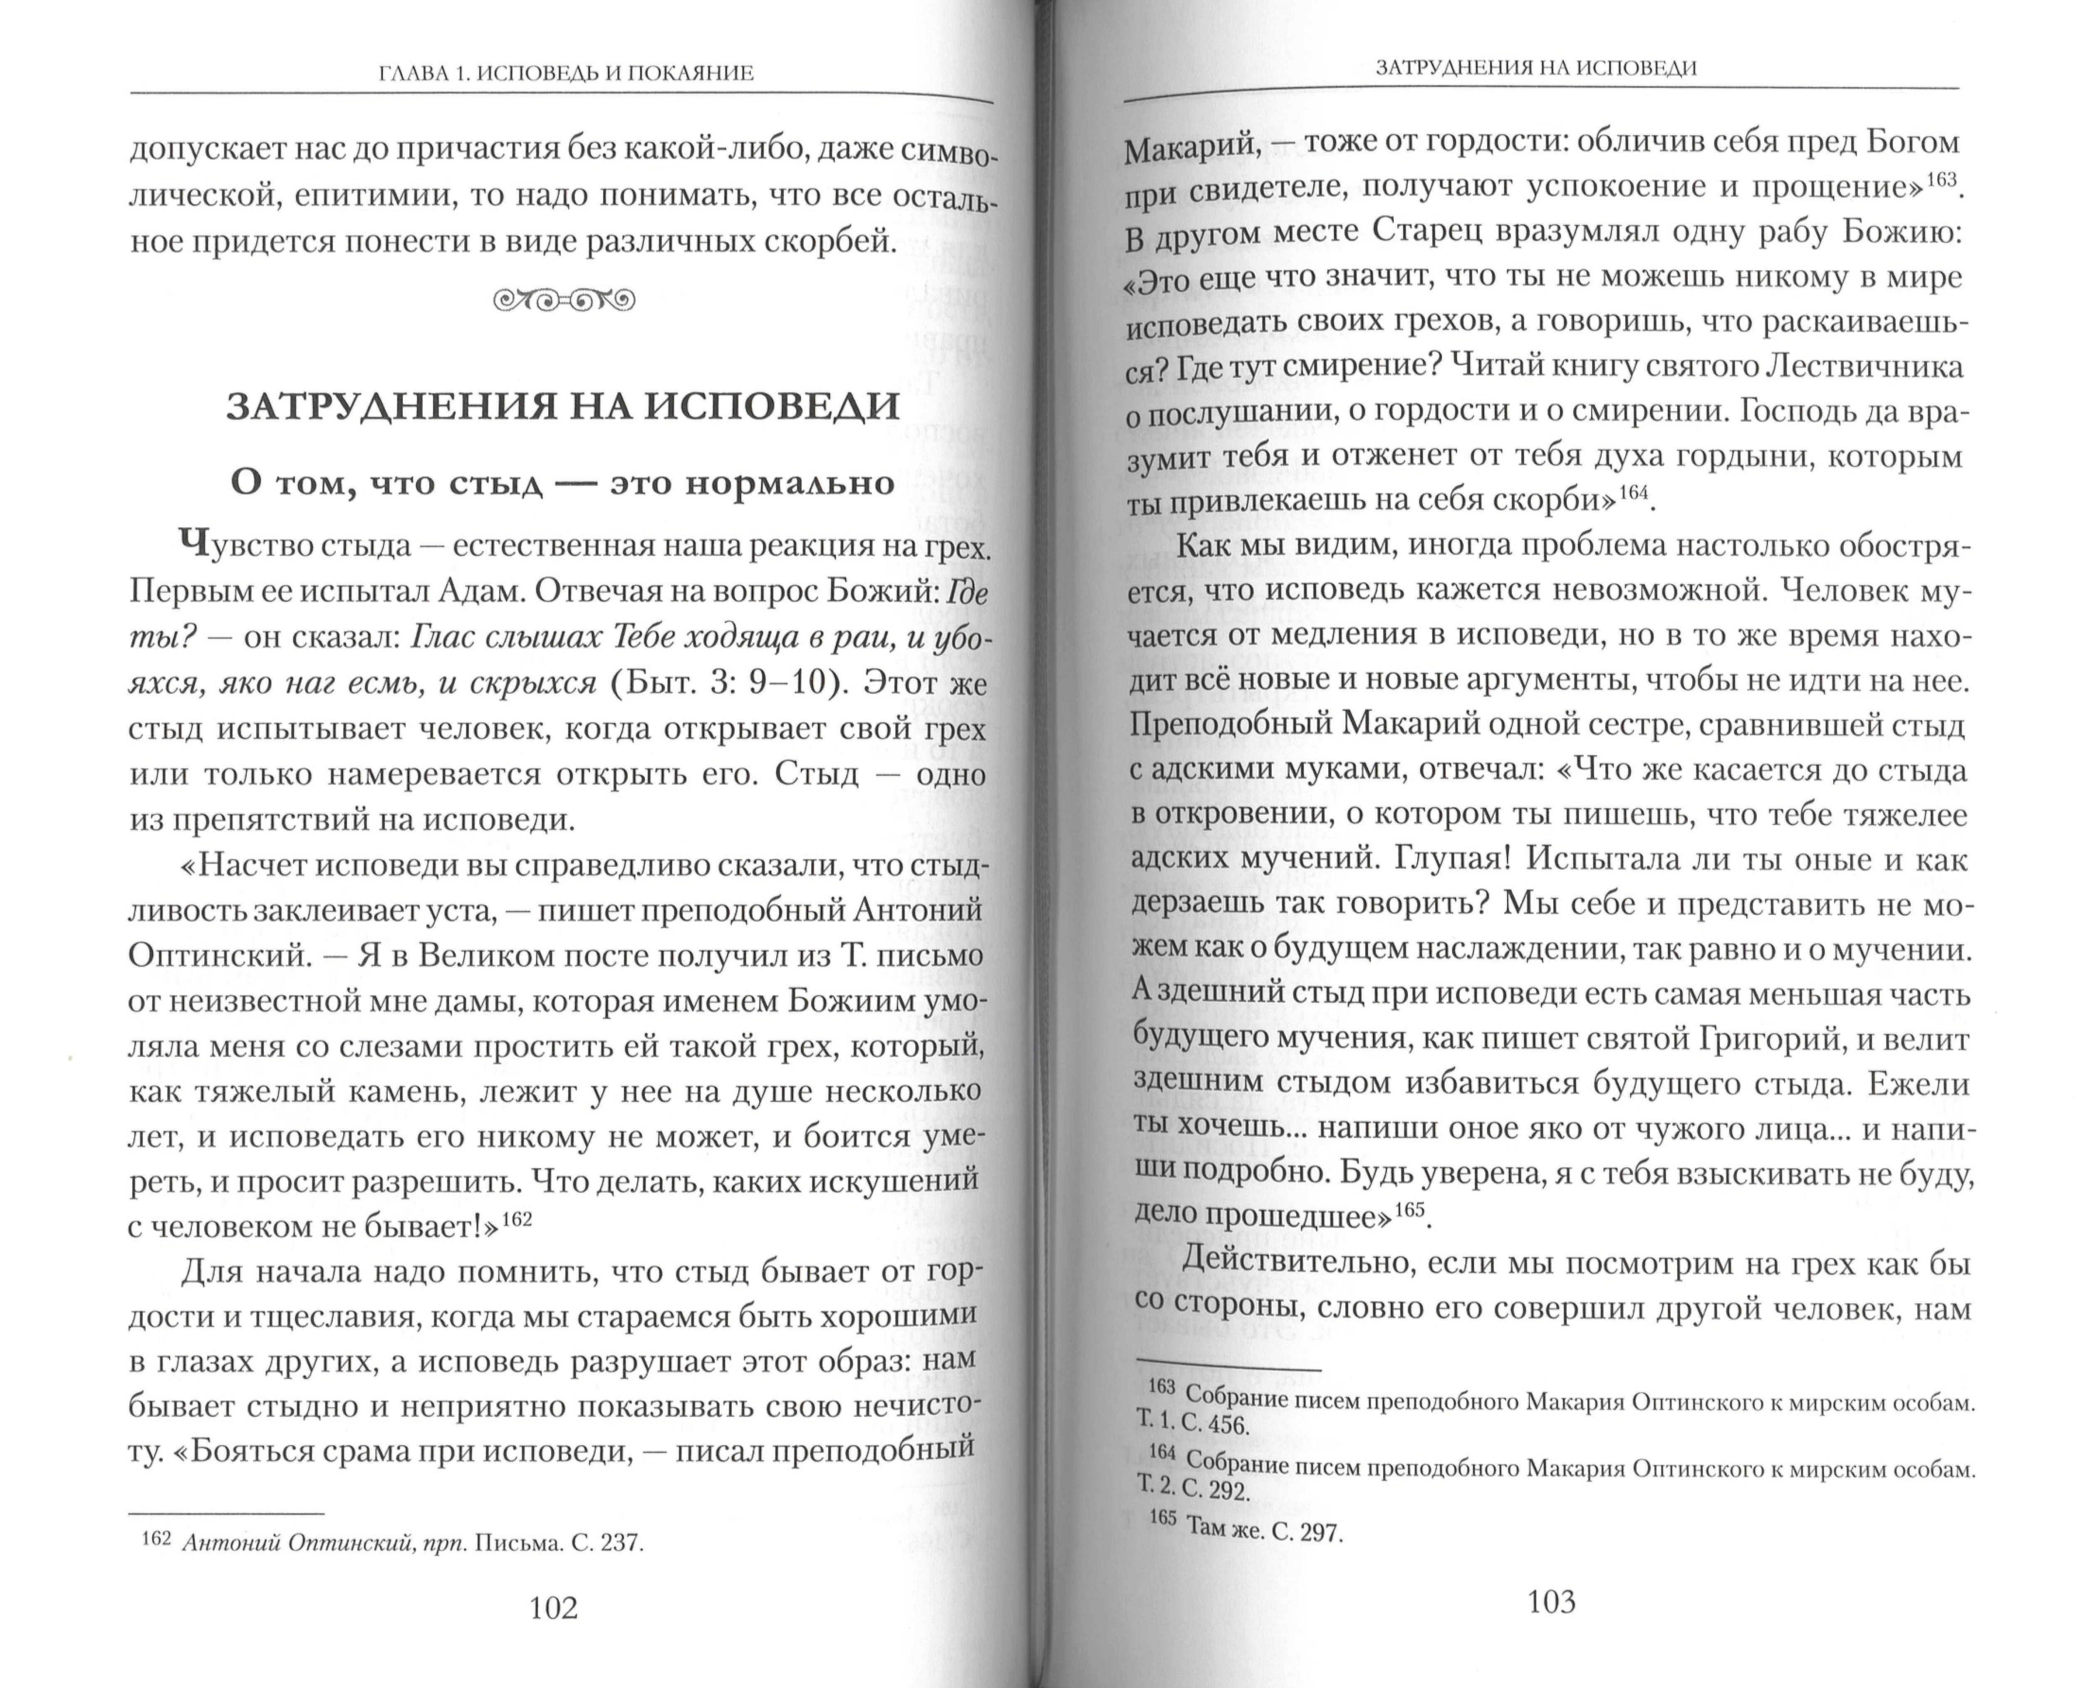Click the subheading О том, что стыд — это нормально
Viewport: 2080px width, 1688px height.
(562, 482)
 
